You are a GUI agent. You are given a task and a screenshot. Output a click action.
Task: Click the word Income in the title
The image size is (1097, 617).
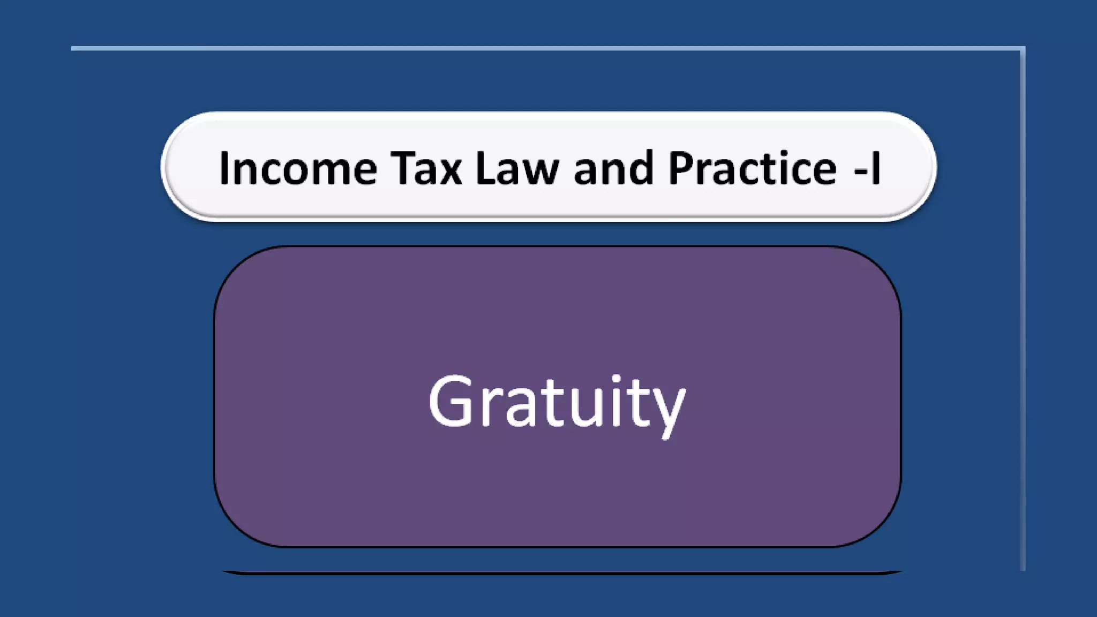coord(298,169)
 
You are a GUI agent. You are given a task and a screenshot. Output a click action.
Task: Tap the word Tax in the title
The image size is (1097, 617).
coord(426,169)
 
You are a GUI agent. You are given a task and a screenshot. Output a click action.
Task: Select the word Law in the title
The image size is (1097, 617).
coord(517,169)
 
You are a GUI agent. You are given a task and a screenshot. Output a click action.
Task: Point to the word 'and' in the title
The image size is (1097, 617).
coord(614,169)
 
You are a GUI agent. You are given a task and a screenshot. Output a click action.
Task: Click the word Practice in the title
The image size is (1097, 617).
coord(752,169)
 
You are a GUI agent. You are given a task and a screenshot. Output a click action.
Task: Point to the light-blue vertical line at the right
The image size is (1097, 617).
coord(1023,321)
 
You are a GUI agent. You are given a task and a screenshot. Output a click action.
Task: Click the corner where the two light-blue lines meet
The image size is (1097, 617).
coord(1023,49)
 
